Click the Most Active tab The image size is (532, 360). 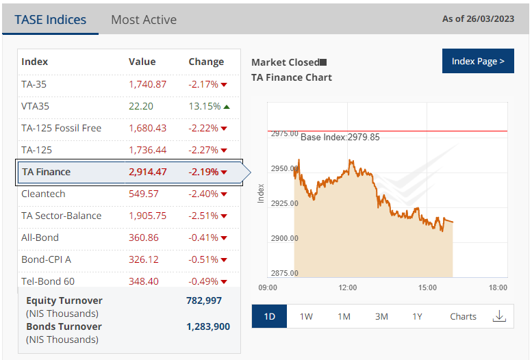143,20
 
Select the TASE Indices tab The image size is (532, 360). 51,20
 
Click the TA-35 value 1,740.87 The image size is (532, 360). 147,84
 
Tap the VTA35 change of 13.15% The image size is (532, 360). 205,106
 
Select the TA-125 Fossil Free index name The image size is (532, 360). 61,128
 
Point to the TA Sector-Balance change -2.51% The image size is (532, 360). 203,216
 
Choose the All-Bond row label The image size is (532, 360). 40,237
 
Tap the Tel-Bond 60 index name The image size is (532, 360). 48,281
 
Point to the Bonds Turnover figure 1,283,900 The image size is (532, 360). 208,326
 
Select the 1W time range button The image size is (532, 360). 306,316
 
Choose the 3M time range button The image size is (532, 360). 381,316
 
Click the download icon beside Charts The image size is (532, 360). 499,316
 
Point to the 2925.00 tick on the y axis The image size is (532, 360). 284,203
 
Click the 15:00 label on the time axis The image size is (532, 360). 427,287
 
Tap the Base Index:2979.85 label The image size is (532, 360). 340,137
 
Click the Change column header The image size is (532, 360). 206,62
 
